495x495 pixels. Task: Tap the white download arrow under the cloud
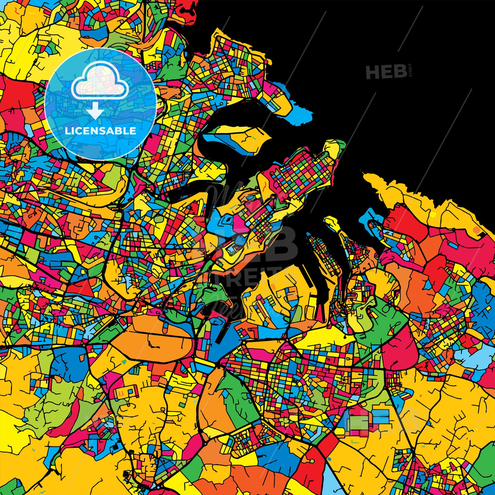click(x=95, y=111)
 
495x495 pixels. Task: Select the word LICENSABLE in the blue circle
click(x=100, y=131)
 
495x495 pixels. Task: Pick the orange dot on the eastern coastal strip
click(x=476, y=230)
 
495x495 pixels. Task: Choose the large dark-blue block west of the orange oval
click(x=67, y=364)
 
